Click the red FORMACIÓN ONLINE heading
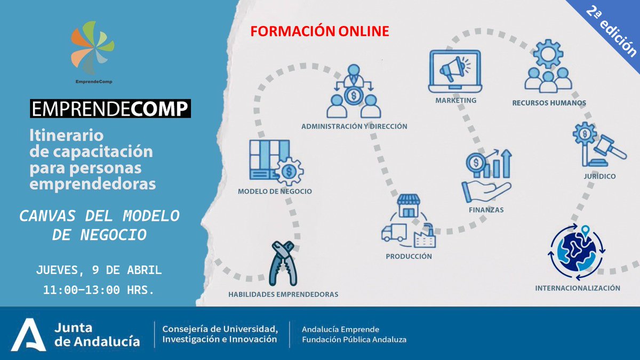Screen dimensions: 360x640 click(x=320, y=31)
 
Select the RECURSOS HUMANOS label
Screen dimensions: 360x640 click(x=549, y=103)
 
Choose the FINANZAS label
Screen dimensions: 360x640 click(x=486, y=210)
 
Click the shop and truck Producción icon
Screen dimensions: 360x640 click(x=409, y=222)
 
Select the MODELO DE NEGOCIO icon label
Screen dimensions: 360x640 click(x=275, y=191)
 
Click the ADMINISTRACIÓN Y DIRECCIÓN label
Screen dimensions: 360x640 click(x=354, y=126)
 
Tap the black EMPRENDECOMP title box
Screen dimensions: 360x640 click(x=110, y=109)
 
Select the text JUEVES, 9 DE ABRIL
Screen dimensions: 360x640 click(x=99, y=270)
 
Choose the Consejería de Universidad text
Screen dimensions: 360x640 click(x=220, y=333)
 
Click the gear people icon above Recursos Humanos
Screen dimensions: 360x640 click(x=548, y=71)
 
